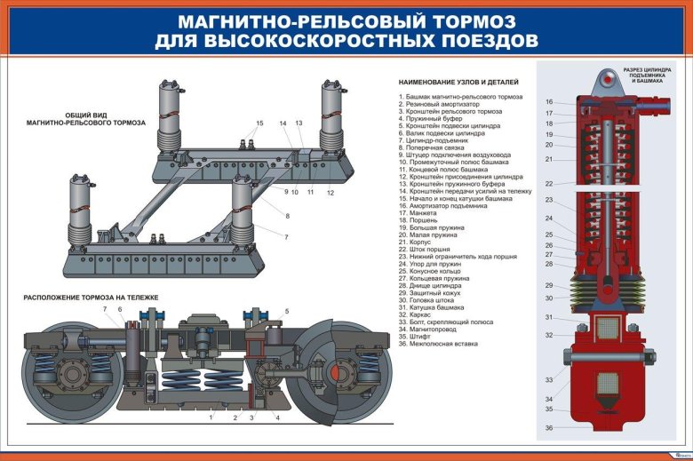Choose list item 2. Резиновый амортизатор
click(441, 104)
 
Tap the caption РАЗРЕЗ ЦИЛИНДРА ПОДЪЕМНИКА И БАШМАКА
click(646, 75)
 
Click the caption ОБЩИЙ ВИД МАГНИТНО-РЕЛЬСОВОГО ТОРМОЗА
click(85, 118)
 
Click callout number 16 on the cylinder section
click(549, 102)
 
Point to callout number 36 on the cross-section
click(549, 428)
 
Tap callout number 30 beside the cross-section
click(549, 298)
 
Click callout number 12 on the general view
click(330, 192)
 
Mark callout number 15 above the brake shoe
click(260, 123)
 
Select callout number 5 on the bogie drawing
click(287, 311)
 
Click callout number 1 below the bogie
click(211, 417)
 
